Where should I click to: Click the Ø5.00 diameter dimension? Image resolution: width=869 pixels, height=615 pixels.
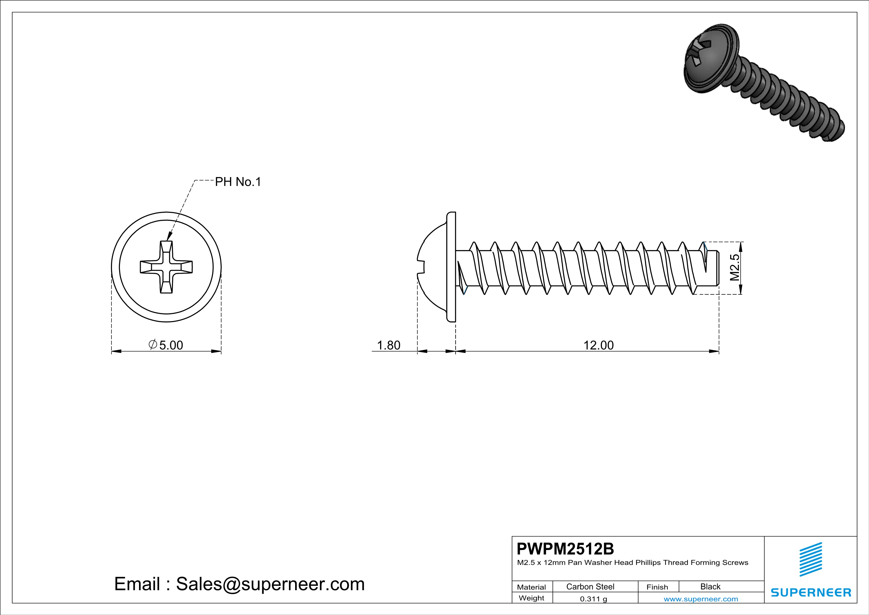(166, 345)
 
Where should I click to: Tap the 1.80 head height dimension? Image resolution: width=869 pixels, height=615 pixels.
(389, 345)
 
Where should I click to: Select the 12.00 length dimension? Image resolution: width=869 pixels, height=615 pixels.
(598, 345)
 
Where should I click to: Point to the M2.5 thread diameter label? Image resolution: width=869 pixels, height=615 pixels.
(734, 267)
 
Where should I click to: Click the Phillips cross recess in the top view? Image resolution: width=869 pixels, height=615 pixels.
(166, 267)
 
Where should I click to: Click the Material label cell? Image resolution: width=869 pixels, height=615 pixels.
(532, 587)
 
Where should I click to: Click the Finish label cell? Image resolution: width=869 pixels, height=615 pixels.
(657, 587)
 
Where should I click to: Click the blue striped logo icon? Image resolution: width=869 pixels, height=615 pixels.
(810, 559)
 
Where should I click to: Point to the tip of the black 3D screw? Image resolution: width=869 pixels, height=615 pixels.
(837, 132)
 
